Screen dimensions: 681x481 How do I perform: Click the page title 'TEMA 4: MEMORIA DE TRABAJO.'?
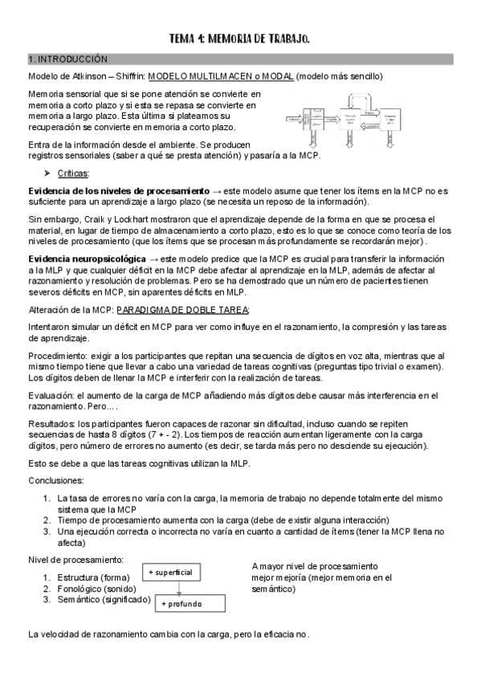tap(240, 39)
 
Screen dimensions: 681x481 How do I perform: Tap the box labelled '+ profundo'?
tap(191, 603)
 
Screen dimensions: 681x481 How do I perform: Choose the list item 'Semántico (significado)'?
tap(97, 600)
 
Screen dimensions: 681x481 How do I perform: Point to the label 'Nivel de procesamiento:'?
tap(76, 560)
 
